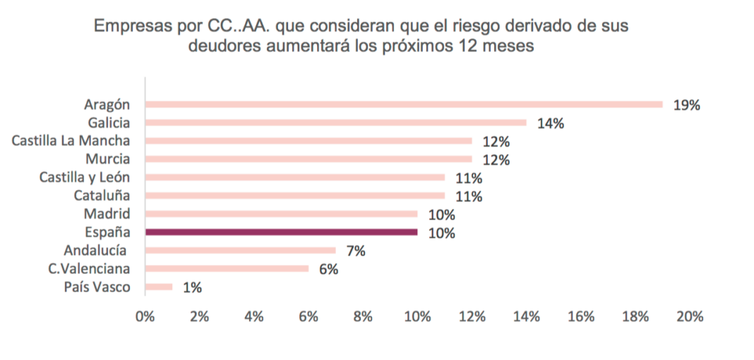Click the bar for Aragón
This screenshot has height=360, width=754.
point(403,104)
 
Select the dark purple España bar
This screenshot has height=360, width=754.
point(281,232)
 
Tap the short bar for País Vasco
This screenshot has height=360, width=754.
point(158,287)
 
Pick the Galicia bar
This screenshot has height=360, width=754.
point(335,123)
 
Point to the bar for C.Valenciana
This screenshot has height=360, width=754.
point(227,268)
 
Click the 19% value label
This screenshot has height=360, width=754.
point(686,105)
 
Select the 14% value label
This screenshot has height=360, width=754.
point(550,124)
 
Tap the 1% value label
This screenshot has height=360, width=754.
point(192,287)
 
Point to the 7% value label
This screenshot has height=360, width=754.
point(354,251)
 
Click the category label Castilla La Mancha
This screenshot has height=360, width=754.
point(71,140)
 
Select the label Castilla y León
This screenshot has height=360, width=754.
point(85,177)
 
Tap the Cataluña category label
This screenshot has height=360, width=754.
point(102,196)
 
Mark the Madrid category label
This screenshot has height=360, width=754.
point(107,214)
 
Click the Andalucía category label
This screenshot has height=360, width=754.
point(95,250)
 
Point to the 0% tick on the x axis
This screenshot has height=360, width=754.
point(145,316)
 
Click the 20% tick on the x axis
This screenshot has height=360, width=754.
point(690,316)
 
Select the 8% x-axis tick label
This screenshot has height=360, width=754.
point(363,316)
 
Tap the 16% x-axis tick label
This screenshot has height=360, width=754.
point(580,316)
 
